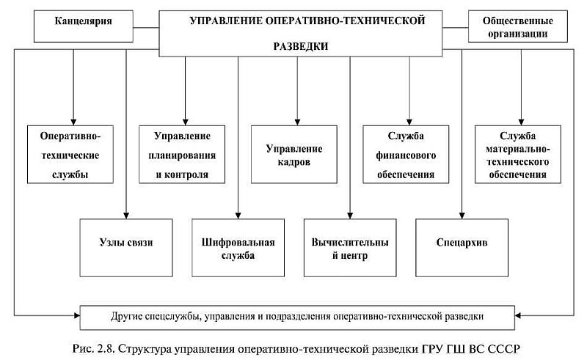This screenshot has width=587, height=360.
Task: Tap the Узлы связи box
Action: [127, 242]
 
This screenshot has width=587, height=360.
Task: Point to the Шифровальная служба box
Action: [238, 248]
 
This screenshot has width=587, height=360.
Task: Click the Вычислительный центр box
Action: [350, 248]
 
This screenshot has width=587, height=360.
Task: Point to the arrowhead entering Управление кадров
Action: [297, 120]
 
